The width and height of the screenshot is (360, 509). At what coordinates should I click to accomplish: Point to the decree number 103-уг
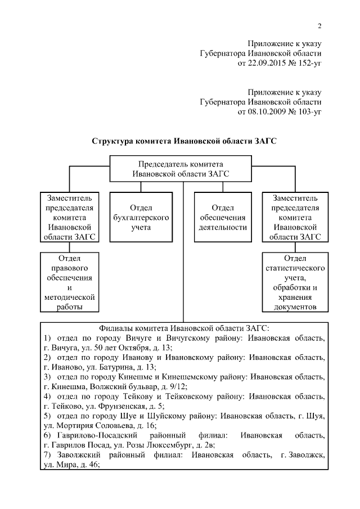pyautogui.click(x=308, y=112)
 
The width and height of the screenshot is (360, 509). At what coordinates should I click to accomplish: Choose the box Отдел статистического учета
pyautogui.click(x=295, y=281)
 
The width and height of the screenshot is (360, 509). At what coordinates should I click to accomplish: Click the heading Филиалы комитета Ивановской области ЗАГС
pyautogui.click(x=184, y=327)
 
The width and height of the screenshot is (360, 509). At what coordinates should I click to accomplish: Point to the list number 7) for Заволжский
pyautogui.click(x=47, y=456)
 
